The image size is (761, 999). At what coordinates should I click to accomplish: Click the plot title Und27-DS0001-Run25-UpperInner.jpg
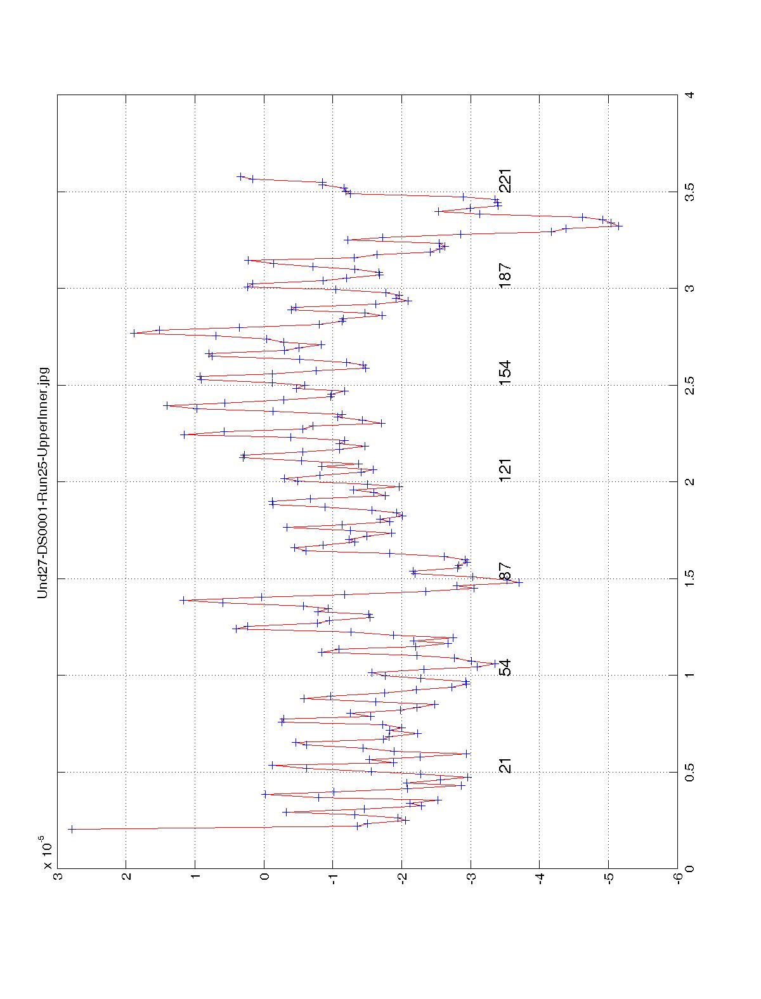43,481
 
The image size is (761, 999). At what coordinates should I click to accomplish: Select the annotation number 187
505,276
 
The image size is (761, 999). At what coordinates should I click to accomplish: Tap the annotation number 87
505,571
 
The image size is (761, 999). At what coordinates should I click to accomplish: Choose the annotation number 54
505,668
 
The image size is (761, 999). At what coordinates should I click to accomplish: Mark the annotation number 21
505,765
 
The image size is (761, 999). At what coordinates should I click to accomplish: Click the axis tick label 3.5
689,192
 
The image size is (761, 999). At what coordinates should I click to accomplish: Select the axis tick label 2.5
689,385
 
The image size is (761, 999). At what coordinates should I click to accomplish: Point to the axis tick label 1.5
689,578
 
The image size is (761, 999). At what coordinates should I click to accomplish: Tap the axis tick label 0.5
689,772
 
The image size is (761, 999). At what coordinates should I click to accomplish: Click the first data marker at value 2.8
71,829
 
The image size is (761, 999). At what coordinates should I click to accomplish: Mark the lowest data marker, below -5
619,226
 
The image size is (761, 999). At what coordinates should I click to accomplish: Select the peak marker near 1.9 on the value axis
133,332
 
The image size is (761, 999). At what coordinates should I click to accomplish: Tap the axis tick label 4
689,95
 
